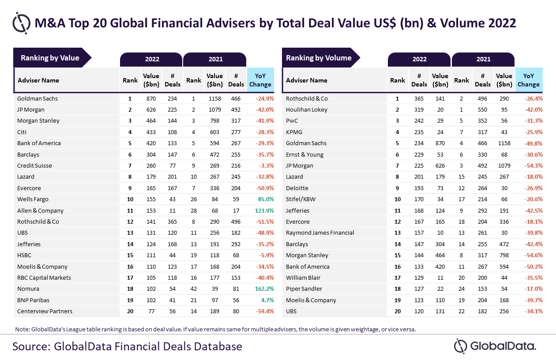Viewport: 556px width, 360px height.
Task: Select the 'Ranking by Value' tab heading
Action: tap(50, 58)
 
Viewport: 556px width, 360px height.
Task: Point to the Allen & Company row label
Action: tap(40, 211)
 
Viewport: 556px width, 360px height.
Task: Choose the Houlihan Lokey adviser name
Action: tap(307, 110)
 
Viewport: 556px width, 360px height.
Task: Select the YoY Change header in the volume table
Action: tap(528, 80)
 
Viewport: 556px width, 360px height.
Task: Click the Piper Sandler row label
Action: tap(304, 289)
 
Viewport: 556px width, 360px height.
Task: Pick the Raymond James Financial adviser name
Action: tap(320, 233)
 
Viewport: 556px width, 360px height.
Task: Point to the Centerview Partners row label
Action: tap(45, 311)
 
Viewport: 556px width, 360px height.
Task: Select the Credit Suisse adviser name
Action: tap(34, 166)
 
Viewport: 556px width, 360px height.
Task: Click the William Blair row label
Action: tap(303, 278)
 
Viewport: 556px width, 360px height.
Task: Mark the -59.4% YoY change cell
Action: tap(265, 311)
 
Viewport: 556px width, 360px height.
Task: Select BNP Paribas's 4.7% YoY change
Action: tap(267, 300)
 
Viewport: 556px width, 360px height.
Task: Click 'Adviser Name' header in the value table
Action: tap(38, 80)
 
